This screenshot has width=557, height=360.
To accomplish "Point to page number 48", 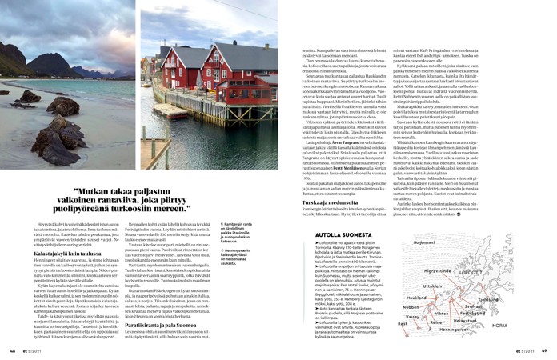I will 13,350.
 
